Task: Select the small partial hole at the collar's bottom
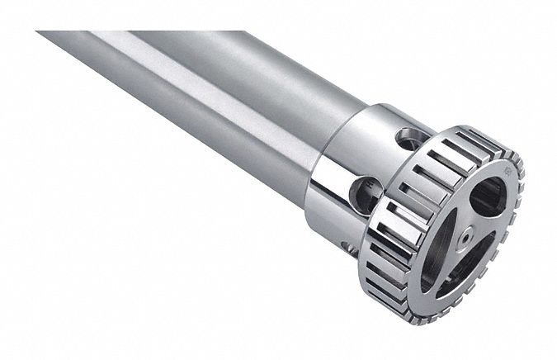pyautogui.click(x=345, y=244)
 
